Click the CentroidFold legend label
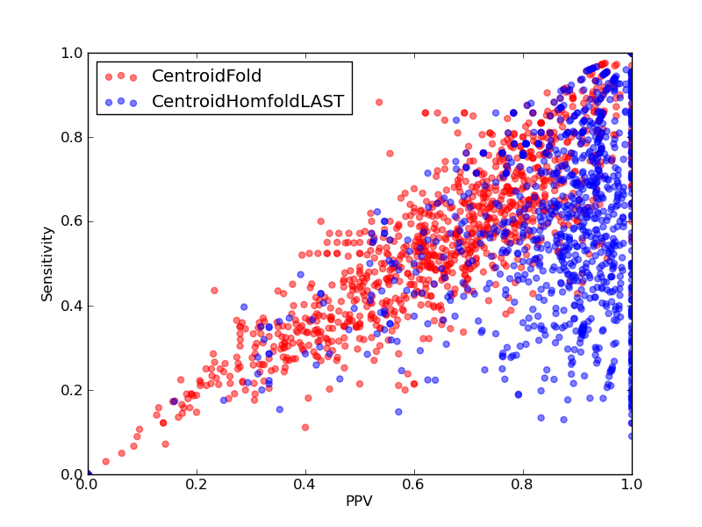tap(206, 76)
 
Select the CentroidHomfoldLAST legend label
tap(248, 101)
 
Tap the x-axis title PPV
tap(359, 501)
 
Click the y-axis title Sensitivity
tap(47, 264)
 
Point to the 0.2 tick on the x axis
tap(197, 485)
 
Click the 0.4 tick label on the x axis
tap(305, 485)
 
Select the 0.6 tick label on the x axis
tap(414, 485)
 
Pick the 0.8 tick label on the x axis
tap(523, 485)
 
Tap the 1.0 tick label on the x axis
tap(632, 485)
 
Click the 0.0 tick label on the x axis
tap(89, 485)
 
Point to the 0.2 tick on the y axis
tap(72, 390)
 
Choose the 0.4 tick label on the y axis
tap(72, 306)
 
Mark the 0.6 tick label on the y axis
tap(72, 222)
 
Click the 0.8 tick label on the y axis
tap(72, 137)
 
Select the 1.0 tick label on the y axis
tap(72, 53)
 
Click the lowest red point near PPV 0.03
tap(105, 461)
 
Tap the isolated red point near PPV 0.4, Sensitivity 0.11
tap(305, 428)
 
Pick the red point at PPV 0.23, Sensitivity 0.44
tap(214, 291)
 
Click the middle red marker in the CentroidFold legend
tap(121, 76)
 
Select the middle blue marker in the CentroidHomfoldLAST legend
tap(121, 101)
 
